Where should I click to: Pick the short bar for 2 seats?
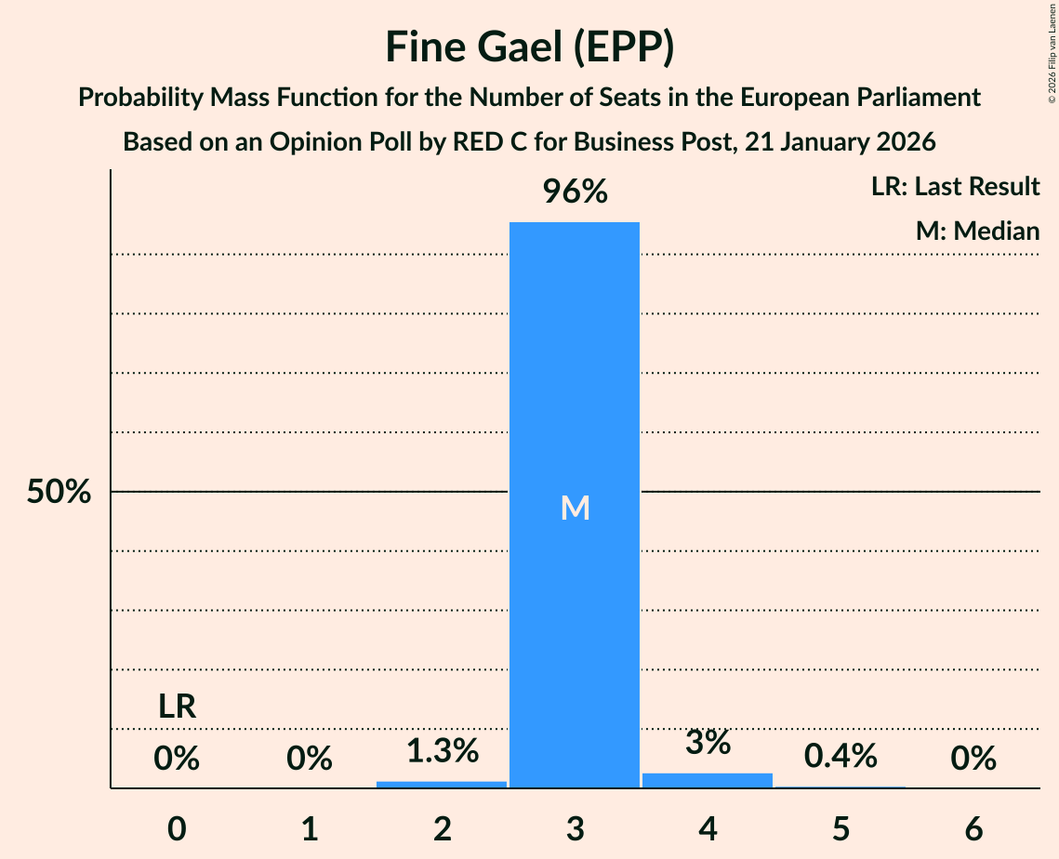click(x=442, y=785)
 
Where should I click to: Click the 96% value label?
click(x=575, y=192)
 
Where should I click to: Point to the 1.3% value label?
click(x=442, y=751)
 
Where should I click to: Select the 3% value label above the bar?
click(x=708, y=743)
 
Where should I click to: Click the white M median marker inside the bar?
click(x=575, y=508)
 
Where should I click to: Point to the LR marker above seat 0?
click(x=177, y=707)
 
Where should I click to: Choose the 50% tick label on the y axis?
click(x=59, y=492)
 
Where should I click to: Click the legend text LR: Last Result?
click(x=955, y=187)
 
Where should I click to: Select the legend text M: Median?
click(x=977, y=231)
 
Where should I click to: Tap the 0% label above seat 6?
click(x=973, y=760)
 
